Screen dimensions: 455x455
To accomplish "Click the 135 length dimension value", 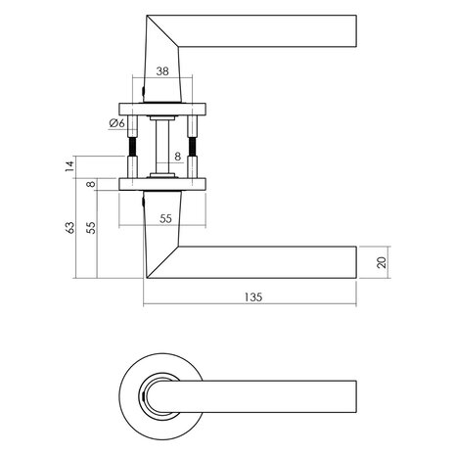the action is [x=253, y=297].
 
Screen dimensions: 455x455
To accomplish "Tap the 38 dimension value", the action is [x=162, y=71].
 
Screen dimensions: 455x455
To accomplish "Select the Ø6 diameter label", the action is [x=117, y=123].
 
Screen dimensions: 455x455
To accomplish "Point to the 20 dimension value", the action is [x=382, y=262].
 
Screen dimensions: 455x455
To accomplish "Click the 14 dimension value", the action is [x=69, y=166].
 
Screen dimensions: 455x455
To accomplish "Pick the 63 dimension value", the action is [x=69, y=228].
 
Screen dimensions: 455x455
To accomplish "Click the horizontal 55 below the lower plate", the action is [x=165, y=218].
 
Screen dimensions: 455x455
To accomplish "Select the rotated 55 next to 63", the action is [x=91, y=228].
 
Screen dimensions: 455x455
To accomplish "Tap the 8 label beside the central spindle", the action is [x=177, y=157].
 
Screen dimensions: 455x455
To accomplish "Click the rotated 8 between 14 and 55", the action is [x=92, y=184].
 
